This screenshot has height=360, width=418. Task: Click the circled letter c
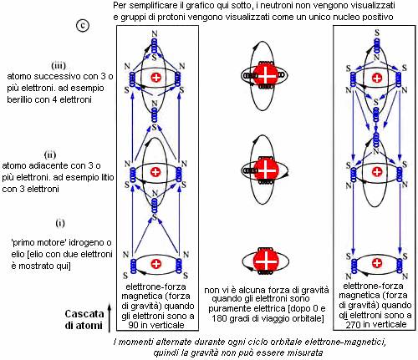pyautogui.click(x=83, y=26)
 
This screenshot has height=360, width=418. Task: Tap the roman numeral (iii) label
pyautogui.click(x=59, y=66)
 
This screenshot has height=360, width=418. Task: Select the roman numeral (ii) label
pyautogui.click(x=50, y=155)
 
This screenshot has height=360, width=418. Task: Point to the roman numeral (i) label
pyautogui.click(x=60, y=223)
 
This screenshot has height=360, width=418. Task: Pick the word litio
pyautogui.click(x=105, y=177)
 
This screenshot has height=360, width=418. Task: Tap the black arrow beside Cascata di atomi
pyautogui.click(x=110, y=318)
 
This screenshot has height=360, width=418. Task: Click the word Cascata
pyautogui.click(x=84, y=314)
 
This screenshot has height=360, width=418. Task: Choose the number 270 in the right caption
pyautogui.click(x=353, y=324)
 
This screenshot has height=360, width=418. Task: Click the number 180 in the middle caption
pyautogui.click(x=220, y=317)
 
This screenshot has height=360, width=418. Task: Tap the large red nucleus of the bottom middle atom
pyautogui.click(x=266, y=261)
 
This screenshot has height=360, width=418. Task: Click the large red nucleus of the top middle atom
pyautogui.click(x=266, y=75)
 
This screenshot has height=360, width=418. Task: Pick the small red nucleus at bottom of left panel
pyautogui.click(x=155, y=264)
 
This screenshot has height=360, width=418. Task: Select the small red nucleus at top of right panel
pyautogui.click(x=377, y=78)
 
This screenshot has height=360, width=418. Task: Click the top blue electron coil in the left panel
pyautogui.click(x=154, y=46)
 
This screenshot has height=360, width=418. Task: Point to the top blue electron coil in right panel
pyautogui.click(x=377, y=45)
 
